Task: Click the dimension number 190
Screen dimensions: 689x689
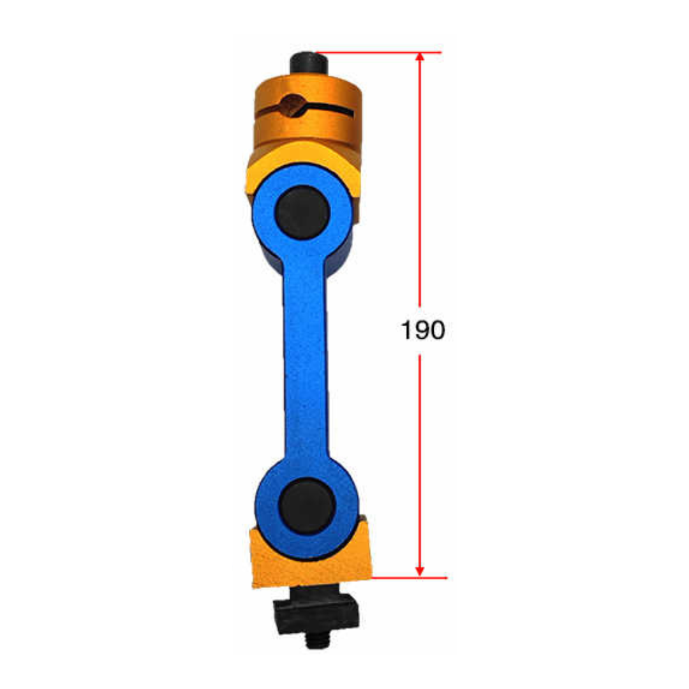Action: [423, 330]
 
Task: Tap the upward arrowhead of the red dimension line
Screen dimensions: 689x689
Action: [420, 57]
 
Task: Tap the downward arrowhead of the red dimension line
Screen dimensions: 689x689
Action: [420, 571]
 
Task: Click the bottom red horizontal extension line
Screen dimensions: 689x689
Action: [409, 578]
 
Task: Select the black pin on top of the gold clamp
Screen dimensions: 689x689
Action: [309, 63]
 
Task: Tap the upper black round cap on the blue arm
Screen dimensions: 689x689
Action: [302, 212]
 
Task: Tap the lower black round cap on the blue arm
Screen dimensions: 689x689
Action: [306, 506]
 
